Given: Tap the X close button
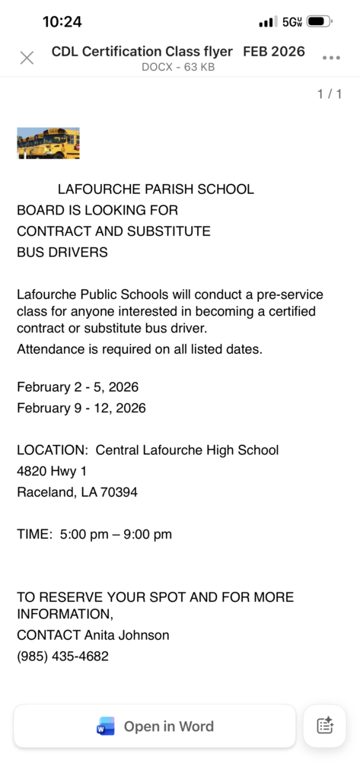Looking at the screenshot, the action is point(27,58).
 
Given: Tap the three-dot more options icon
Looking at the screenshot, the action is point(331,58).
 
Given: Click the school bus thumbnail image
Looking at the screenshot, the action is point(48,143).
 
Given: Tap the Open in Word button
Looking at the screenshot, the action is point(155,727).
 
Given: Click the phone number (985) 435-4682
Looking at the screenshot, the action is point(62,656).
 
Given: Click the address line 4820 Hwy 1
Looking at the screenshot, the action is point(52,471).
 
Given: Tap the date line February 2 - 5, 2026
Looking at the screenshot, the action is point(78,387).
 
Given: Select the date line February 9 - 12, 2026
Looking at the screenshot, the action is point(81,408).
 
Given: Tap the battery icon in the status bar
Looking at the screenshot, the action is point(320,22).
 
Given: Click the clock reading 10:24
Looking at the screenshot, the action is point(62,22).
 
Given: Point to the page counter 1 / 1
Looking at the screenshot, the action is point(330,94).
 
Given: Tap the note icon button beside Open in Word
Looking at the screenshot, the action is point(325,727).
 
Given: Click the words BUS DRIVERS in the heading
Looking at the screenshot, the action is point(62,252).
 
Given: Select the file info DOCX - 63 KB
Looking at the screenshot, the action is point(178,67).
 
